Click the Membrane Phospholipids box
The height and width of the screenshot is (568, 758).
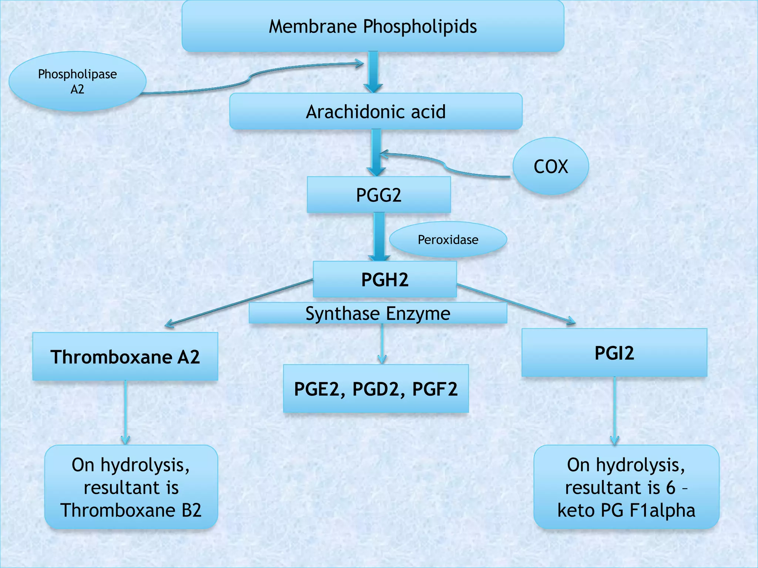373,26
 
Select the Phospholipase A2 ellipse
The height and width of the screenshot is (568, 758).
77,81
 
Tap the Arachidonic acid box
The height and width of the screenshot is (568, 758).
376,111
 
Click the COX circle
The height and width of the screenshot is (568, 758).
550,166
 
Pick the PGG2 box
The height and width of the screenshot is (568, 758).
379,195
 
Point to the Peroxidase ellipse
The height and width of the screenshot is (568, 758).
448,240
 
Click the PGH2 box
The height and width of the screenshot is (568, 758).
385,280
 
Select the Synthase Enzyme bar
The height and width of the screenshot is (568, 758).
378,313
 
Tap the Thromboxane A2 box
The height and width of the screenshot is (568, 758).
125,356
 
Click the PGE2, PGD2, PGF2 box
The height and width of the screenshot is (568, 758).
376,389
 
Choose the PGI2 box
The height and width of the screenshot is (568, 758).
614,352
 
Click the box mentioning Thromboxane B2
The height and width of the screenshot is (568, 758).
131,487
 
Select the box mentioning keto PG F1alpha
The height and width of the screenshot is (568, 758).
626,487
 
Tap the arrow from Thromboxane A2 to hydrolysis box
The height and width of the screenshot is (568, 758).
125,412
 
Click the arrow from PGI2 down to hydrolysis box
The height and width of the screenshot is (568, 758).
614,410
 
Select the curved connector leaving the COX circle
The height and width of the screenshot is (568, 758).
444,165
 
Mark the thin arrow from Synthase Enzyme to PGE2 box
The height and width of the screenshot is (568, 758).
382,344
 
